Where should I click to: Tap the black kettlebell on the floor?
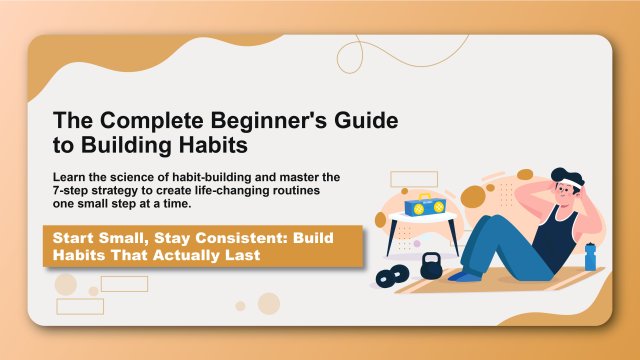click(x=431, y=266)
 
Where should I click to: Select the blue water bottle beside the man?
click(x=589, y=256)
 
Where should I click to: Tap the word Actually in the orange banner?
click(x=174, y=255)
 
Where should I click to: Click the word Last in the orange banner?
click(x=238, y=255)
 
